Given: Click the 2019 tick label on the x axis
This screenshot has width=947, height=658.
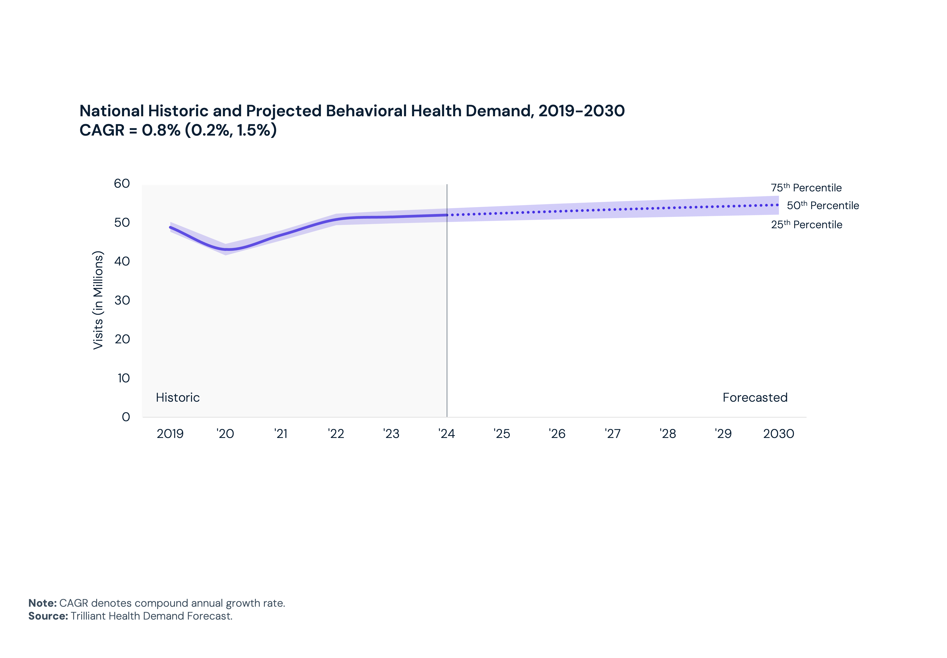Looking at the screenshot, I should tap(170, 434).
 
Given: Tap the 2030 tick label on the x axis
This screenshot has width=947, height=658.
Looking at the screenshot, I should tap(778, 434).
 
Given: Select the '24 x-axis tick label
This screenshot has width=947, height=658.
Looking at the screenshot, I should tap(446, 434).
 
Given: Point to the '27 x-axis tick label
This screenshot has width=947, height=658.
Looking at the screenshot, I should tap(613, 434).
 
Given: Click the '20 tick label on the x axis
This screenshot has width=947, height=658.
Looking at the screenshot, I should tap(225, 434).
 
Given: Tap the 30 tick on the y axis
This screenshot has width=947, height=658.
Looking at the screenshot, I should tap(122, 300).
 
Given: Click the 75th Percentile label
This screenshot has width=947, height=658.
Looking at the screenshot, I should tap(806, 188).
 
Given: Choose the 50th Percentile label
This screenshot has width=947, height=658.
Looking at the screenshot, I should tap(823, 205).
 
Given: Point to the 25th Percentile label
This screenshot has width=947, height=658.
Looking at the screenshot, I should tap(807, 225).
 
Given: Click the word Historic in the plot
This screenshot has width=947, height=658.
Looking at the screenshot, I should tap(178, 397).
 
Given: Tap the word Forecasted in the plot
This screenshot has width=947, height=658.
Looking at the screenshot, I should tap(755, 397).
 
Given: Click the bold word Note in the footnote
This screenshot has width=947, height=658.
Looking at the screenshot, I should tap(42, 603).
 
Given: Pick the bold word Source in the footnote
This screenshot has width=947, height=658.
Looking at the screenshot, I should tap(48, 616).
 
